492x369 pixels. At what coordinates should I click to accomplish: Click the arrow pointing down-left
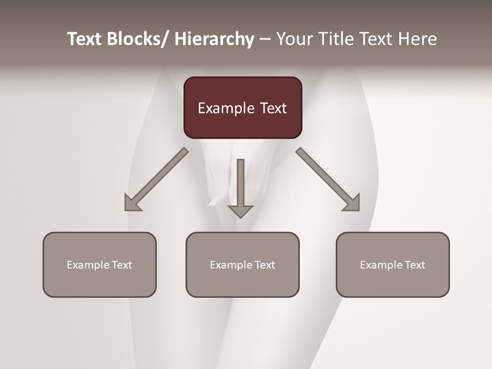pyautogui.click(x=156, y=179)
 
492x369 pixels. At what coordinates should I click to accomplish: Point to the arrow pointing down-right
pyautogui.click(x=328, y=179)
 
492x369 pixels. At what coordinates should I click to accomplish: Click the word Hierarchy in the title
pyautogui.click(x=214, y=39)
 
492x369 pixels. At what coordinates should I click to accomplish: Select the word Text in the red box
pyautogui.click(x=273, y=108)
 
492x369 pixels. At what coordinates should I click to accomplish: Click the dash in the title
pyautogui.click(x=265, y=39)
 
